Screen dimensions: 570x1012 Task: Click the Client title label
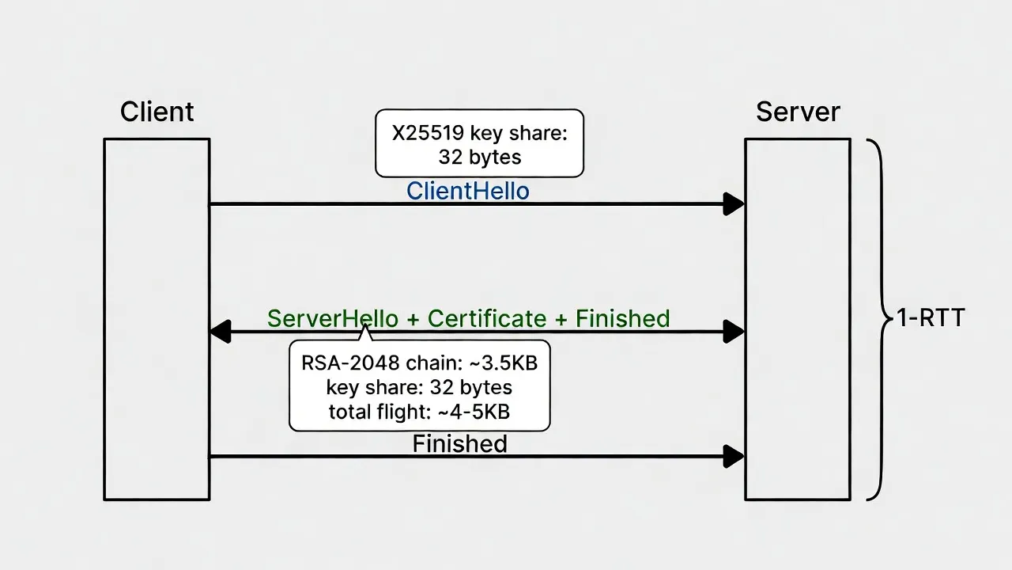157,112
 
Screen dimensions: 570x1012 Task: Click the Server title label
797,112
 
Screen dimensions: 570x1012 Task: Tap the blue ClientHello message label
467,191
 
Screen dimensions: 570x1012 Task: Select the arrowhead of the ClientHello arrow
734,204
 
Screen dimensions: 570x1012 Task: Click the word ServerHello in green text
332,318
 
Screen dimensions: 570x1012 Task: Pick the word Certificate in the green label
486,318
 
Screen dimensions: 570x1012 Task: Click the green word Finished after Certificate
622,318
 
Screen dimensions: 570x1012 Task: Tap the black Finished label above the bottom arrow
459,443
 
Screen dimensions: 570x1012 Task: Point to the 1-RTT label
931,318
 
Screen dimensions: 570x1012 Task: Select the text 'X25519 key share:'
480,133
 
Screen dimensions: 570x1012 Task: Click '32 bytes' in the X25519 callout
480,157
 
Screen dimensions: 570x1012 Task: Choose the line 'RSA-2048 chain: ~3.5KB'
419,363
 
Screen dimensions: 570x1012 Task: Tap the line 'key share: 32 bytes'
419,388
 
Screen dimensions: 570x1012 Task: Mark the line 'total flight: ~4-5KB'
419,412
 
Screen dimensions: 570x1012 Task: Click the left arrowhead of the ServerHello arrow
220,332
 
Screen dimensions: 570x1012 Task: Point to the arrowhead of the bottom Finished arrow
734,456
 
